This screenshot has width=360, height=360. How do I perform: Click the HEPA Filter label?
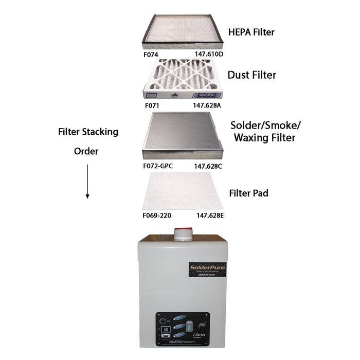251,32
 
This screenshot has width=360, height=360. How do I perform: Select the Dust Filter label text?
252,75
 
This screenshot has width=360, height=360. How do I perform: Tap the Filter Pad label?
248,194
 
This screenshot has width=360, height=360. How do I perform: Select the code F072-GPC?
158,167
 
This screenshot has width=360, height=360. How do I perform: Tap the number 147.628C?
207,167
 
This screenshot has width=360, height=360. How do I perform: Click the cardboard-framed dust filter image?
184,79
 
